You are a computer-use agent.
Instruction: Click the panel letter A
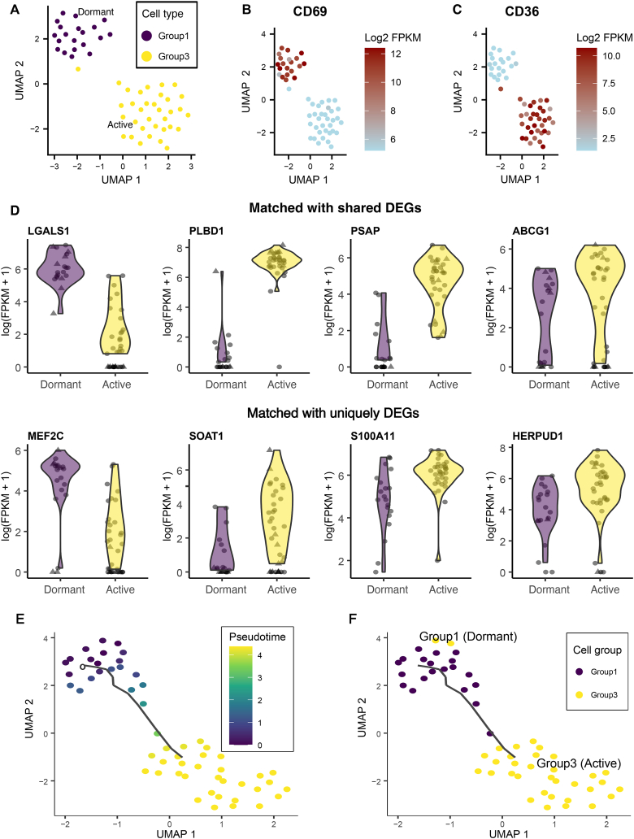[13, 11]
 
